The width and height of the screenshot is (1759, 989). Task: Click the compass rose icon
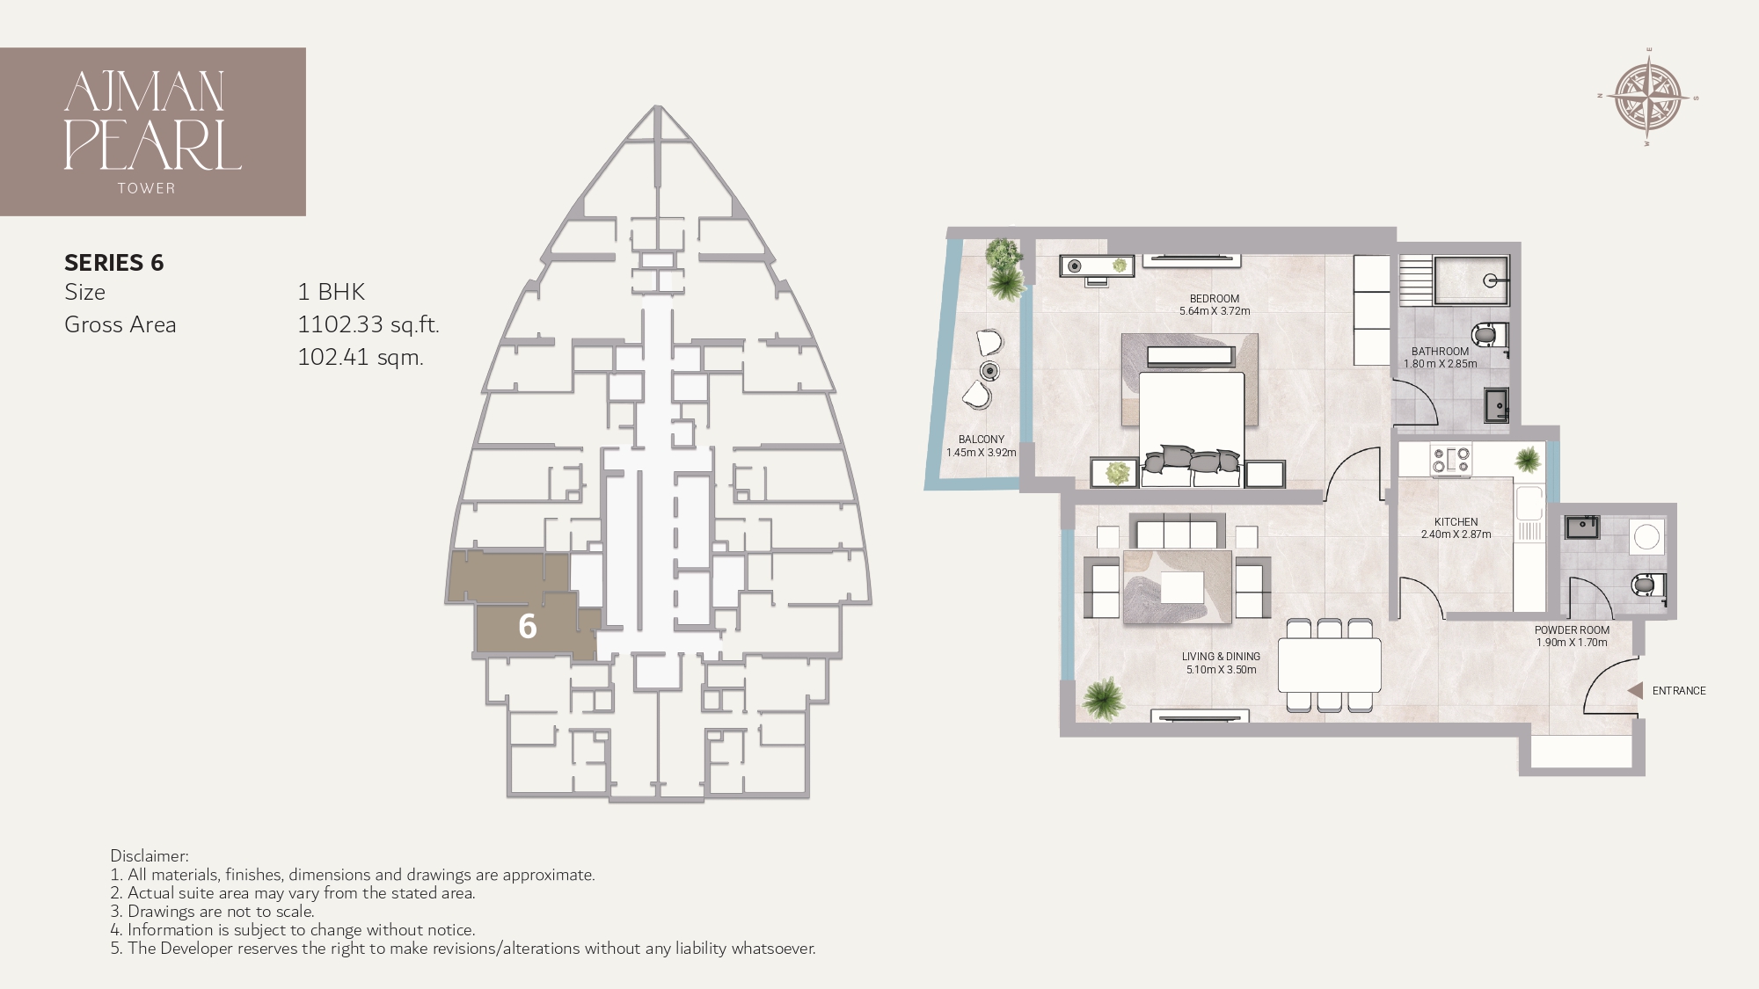1648,98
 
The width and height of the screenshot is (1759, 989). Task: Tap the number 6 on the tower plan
527,626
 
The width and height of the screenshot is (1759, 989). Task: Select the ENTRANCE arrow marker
1635,691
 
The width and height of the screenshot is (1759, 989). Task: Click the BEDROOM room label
1214,299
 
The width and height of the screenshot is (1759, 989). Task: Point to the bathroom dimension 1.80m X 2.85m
1440,364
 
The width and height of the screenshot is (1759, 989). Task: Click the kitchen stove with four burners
1451,460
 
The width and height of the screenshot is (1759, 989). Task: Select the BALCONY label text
981,440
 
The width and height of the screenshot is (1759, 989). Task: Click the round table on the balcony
990,370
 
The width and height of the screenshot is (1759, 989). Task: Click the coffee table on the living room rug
1182,587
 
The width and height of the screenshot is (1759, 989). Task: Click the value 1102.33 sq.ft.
368,324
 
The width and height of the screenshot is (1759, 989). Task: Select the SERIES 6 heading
114,263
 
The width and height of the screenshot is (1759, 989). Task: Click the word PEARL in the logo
152,145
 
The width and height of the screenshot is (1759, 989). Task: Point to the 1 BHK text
331,292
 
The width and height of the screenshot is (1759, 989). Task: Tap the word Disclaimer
149,855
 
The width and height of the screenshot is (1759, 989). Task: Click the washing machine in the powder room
1646,535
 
